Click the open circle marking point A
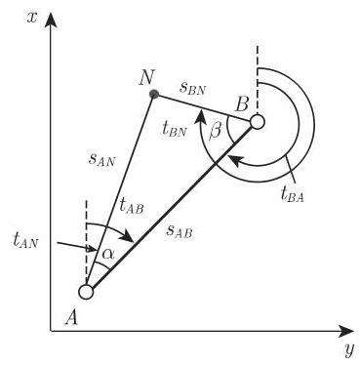pos(86,291)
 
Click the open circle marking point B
pos(258,122)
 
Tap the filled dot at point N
pos(152,94)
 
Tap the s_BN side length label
pos(193,89)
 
